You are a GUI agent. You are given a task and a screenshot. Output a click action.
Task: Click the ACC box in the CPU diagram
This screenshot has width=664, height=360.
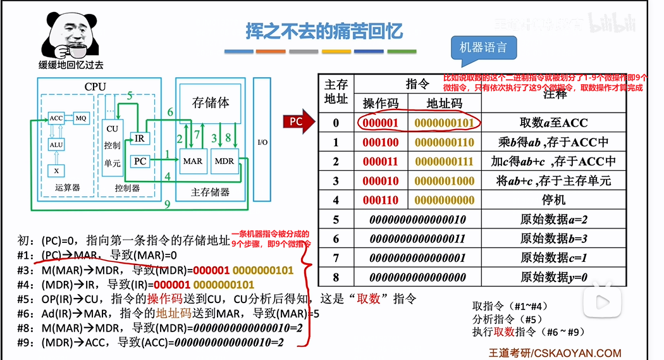[56, 118]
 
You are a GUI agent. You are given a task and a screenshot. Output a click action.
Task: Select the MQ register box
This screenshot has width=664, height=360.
[80, 118]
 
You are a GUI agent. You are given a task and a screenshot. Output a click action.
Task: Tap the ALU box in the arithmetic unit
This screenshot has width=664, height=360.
[56, 145]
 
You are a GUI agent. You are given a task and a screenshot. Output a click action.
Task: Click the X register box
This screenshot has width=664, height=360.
[56, 171]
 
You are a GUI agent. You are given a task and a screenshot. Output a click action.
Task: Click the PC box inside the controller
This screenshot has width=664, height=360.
[140, 161]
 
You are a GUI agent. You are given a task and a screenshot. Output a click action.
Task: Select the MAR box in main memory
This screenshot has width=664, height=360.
[193, 161]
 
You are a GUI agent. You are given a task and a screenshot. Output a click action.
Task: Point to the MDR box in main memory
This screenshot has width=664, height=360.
[224, 161]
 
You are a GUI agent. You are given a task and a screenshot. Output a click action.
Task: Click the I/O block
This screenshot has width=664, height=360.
[262, 142]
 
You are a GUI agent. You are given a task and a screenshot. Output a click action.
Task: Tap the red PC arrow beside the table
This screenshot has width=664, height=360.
[298, 122]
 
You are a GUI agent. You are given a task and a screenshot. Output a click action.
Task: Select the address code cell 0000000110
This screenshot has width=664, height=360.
[444, 142]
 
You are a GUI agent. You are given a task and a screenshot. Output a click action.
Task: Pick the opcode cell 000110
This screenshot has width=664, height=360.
[381, 200]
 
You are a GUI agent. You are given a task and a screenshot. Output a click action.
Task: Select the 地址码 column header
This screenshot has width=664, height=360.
[444, 103]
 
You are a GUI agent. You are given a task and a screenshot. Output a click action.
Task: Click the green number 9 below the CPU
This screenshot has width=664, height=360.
[166, 204]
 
